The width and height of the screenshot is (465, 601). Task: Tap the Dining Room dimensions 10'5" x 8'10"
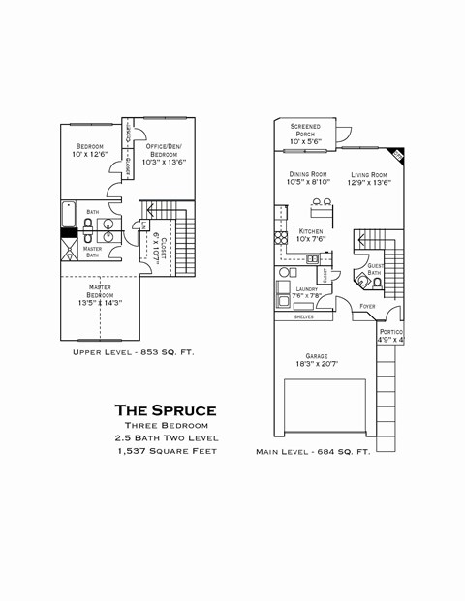[308, 182]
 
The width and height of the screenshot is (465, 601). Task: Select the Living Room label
[370, 175]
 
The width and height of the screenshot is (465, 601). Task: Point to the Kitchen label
[311, 232]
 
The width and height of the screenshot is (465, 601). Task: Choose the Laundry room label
[306, 289]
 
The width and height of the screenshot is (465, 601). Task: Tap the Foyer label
[367, 306]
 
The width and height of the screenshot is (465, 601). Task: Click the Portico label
[390, 332]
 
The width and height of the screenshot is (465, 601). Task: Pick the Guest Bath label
[374, 269]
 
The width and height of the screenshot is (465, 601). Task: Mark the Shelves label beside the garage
[303, 316]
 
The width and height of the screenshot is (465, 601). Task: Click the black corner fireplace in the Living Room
[395, 155]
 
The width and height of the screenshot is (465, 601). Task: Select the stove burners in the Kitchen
[281, 238]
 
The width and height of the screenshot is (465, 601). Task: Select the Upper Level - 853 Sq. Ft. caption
[134, 352]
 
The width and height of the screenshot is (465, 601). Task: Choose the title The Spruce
[166, 410]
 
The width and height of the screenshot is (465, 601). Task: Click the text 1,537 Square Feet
[166, 452]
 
